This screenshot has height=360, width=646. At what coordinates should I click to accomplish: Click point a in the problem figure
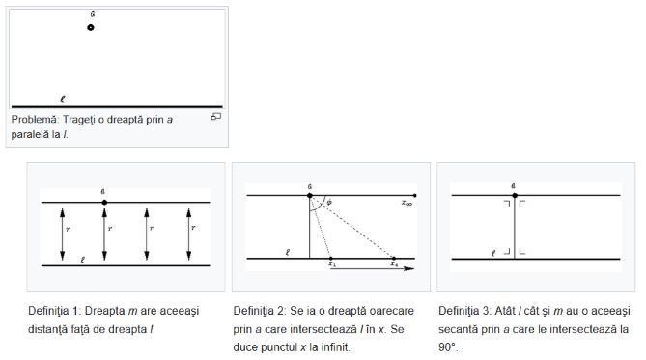91,28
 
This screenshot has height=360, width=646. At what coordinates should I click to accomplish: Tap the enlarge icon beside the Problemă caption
216,117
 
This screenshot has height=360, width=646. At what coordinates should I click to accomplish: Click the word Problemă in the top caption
35,120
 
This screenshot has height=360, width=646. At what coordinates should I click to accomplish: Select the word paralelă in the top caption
36,135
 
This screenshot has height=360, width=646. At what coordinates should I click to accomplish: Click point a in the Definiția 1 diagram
104,203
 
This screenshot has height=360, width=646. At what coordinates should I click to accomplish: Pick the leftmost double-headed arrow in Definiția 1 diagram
62,235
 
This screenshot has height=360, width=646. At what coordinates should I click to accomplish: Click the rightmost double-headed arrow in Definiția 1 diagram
188,235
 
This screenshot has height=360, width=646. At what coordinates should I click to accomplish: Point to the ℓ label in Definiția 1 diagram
83,260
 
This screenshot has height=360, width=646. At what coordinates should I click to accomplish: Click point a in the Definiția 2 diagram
310,195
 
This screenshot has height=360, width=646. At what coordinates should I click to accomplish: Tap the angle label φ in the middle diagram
329,203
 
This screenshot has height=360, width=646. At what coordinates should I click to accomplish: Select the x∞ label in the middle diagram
407,203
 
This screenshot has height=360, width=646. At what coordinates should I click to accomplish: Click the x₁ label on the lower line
332,263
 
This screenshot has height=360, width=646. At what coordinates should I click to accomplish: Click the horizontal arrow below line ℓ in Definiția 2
373,268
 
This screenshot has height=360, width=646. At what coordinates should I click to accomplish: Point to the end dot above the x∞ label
415,195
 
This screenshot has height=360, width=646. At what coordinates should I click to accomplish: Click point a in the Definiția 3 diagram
515,195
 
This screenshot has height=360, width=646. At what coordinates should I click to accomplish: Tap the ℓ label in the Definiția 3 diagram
493,253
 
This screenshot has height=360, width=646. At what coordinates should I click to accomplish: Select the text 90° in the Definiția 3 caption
448,347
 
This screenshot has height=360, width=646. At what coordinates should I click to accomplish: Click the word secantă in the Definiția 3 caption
458,329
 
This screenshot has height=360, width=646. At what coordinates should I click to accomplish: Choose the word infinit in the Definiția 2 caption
335,347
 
